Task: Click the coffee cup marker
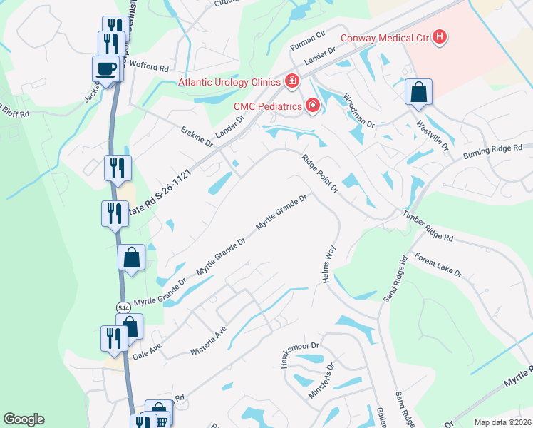105,69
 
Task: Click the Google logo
24,419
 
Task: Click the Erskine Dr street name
197,138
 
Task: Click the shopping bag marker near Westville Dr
418,92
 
